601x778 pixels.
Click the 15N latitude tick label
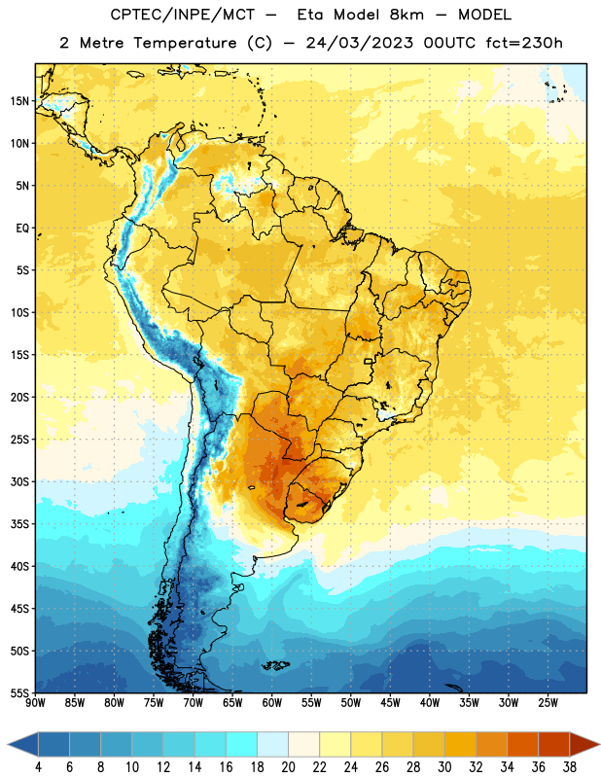(19, 101)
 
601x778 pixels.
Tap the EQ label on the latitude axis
(22, 229)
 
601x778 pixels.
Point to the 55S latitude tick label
(19, 692)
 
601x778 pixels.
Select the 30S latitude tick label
(19, 481)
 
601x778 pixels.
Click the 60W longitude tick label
(272, 702)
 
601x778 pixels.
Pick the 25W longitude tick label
(548, 702)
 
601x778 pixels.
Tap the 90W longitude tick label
(35, 702)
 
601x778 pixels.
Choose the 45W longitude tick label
(390, 702)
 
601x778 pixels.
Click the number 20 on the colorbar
(288, 767)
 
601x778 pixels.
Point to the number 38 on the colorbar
(570, 767)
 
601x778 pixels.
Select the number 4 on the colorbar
(38, 767)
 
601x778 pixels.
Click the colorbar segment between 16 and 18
(242, 744)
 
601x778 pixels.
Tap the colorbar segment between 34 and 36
(522, 744)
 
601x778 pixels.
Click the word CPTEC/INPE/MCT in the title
(182, 15)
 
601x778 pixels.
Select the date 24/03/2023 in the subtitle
(359, 43)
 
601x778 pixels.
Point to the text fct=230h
(524, 43)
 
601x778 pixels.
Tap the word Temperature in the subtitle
(185, 43)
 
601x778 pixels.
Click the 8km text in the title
(407, 15)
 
